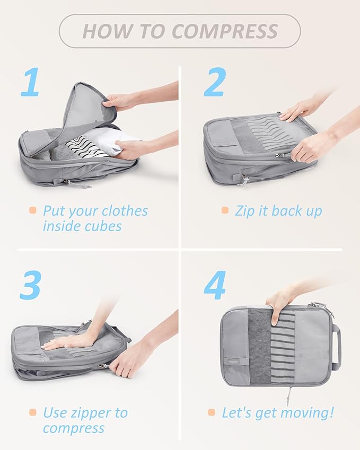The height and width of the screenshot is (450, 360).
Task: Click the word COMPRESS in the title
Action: point(225,31)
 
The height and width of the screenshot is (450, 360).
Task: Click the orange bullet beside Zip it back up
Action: point(225,210)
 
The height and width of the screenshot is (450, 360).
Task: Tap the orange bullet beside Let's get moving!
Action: point(212,412)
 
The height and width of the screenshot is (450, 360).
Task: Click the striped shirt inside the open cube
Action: point(86,147)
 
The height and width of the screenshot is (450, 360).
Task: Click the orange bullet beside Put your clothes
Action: point(33,210)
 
